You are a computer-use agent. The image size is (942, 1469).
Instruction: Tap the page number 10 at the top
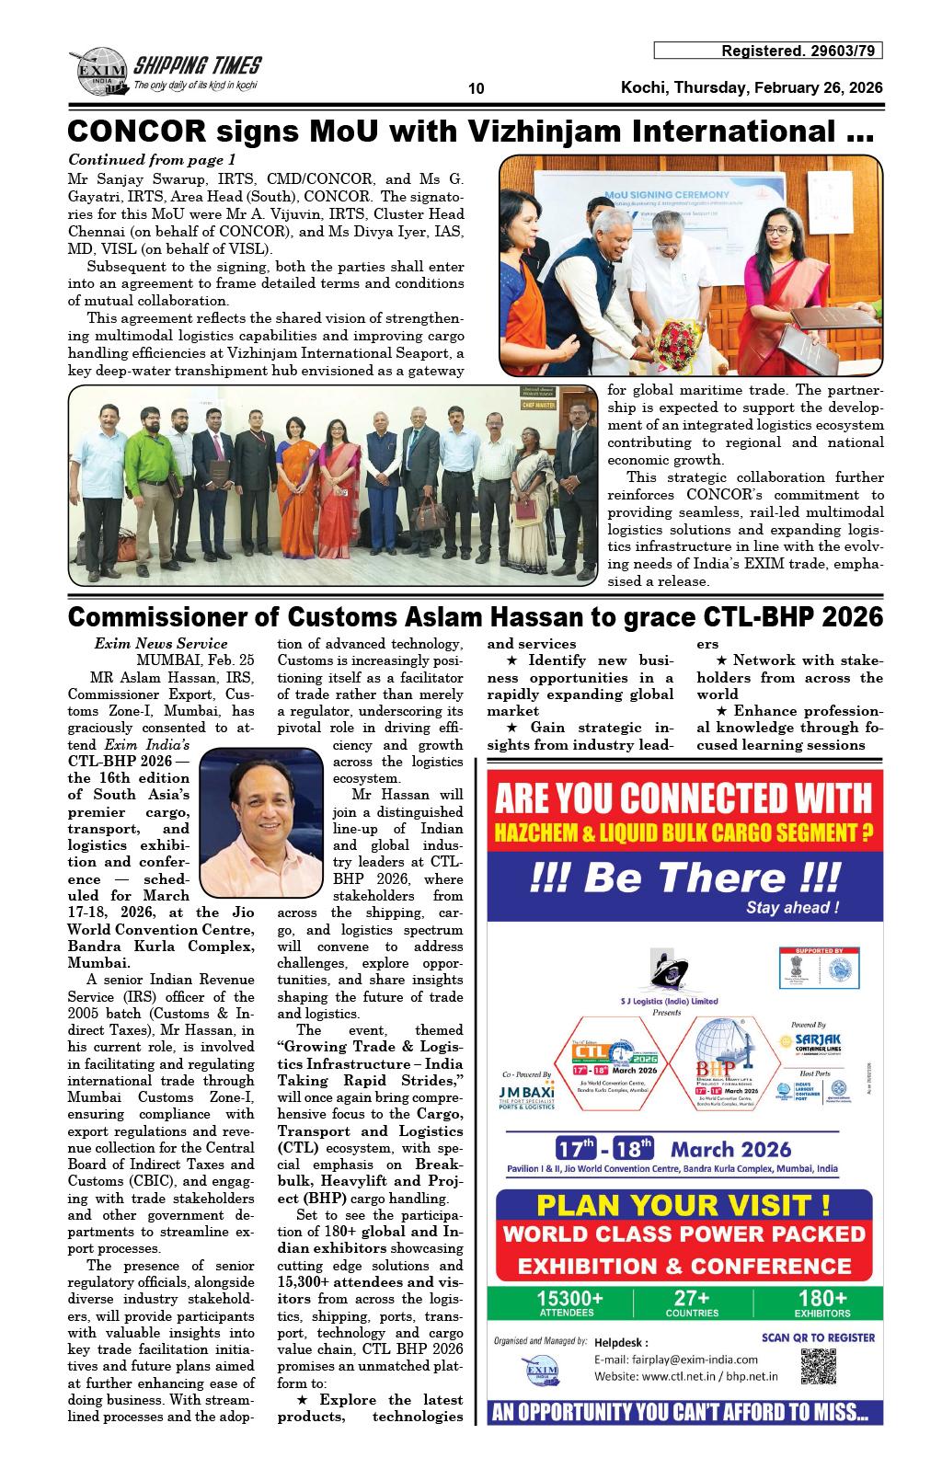pyautogui.click(x=476, y=89)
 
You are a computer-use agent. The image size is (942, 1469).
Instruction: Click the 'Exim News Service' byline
pyautogui.click(x=161, y=644)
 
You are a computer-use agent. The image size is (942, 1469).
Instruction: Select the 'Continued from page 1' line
pyautogui.click(x=153, y=159)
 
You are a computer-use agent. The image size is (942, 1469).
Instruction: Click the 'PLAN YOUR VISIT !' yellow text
pyautogui.click(x=684, y=1205)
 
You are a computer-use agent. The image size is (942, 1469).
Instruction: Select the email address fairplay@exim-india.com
pyautogui.click(x=676, y=1360)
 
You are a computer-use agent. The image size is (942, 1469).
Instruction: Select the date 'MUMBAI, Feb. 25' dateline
pyautogui.click(x=195, y=660)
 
